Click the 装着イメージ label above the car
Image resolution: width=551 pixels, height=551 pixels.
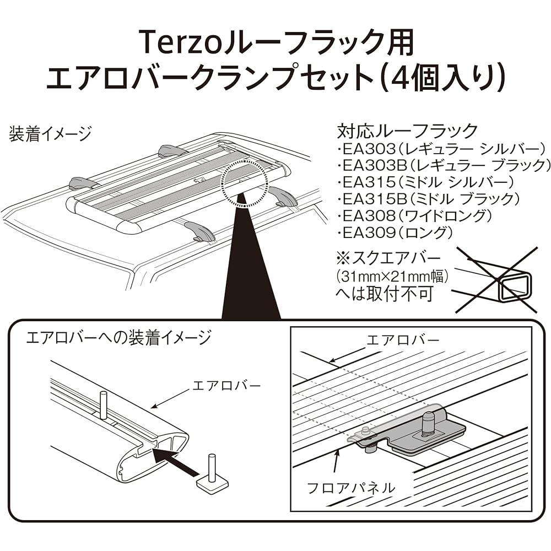point(50,134)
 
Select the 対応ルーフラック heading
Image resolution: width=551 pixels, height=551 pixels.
point(407,131)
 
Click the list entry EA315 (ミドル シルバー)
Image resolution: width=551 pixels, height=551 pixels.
point(428,181)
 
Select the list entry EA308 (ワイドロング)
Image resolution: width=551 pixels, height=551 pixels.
point(413,215)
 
